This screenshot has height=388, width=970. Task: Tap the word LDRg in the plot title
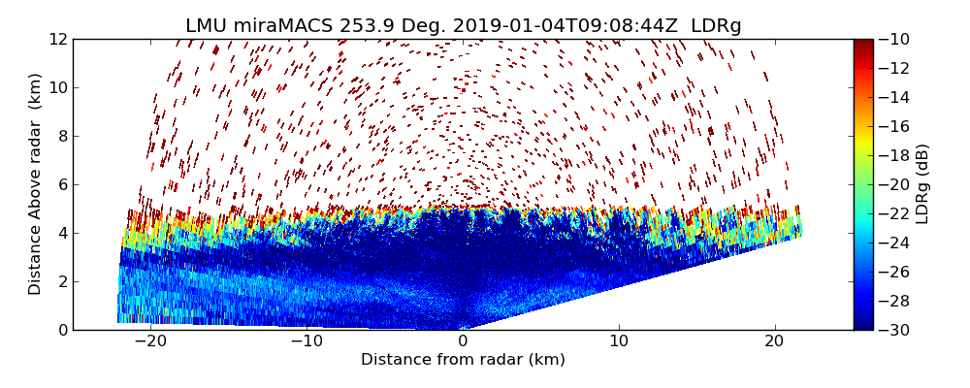tap(716, 26)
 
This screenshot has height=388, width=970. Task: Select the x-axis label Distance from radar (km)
tap(463, 360)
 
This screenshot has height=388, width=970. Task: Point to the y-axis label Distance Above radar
tap(36, 184)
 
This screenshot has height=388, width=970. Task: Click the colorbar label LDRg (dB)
tap(922, 184)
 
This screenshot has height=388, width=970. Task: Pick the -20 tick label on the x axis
tap(150, 341)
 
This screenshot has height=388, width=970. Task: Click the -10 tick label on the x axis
tap(307, 341)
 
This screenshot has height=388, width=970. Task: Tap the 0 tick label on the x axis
tap(463, 341)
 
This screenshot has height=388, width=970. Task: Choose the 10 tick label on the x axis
tap(619, 341)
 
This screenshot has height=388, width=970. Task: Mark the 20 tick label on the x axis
tap(775, 341)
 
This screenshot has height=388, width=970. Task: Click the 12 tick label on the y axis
tap(57, 39)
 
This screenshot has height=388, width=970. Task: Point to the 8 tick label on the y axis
tap(61, 136)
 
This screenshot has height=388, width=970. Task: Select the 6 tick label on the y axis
tap(61, 184)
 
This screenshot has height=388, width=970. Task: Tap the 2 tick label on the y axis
tap(61, 281)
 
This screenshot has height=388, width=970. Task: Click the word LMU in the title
tap(207, 26)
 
